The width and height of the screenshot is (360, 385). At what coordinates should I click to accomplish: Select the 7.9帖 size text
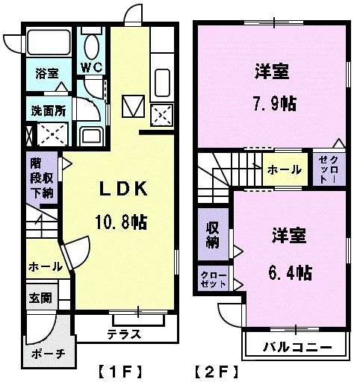(x=274, y=103)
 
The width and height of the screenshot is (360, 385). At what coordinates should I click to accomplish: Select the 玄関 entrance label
(x=40, y=298)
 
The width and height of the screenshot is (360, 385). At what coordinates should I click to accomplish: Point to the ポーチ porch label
(x=49, y=354)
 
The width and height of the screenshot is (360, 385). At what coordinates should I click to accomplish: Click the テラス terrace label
(x=124, y=334)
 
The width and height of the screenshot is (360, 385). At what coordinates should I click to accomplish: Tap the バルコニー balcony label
(x=297, y=348)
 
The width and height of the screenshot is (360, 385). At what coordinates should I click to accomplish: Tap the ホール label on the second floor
(x=285, y=170)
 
